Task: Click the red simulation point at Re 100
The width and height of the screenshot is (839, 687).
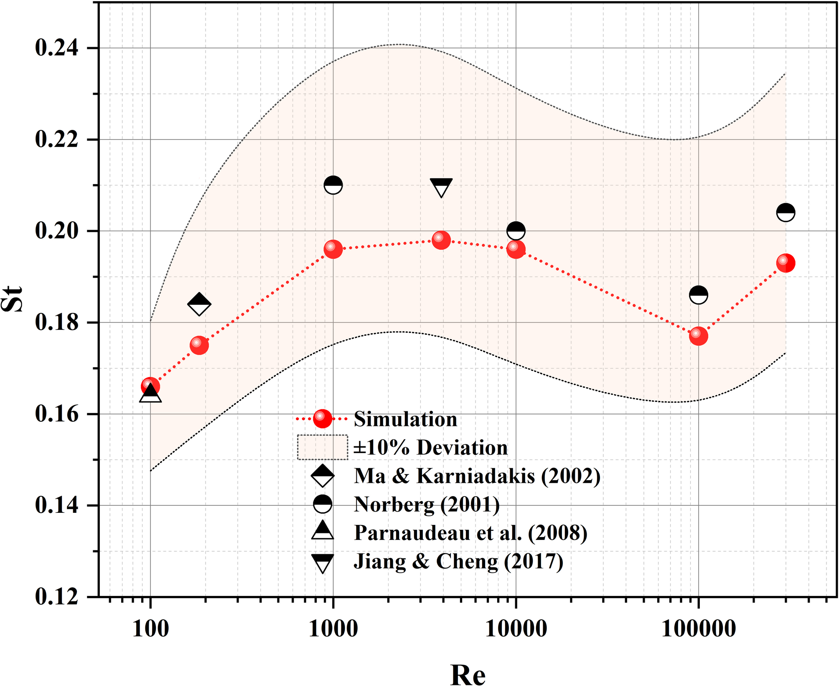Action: click(x=150, y=386)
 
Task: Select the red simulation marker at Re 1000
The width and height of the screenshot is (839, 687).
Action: click(x=333, y=249)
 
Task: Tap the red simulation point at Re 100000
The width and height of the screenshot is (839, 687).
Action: click(x=699, y=336)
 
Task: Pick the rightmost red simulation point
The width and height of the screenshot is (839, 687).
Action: click(x=786, y=263)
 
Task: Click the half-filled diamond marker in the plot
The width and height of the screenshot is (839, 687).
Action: click(x=199, y=304)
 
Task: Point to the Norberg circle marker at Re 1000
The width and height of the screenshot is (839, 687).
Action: click(x=333, y=185)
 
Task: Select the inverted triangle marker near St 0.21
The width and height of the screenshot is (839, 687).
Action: click(x=441, y=188)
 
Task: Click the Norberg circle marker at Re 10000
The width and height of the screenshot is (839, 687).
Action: click(x=516, y=231)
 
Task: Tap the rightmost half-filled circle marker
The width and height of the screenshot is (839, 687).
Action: click(x=786, y=213)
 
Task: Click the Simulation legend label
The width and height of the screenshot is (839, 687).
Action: click(x=405, y=419)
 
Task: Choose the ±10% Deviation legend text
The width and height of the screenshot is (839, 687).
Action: click(x=430, y=447)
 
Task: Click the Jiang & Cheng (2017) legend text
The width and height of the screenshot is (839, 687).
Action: click(x=458, y=561)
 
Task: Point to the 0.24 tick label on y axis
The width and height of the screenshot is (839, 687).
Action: click(x=57, y=48)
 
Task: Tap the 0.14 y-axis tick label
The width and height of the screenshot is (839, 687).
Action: click(x=57, y=505)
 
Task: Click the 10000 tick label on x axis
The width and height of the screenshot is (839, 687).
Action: click(x=516, y=629)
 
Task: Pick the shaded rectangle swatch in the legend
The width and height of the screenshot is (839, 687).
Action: click(x=322, y=447)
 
